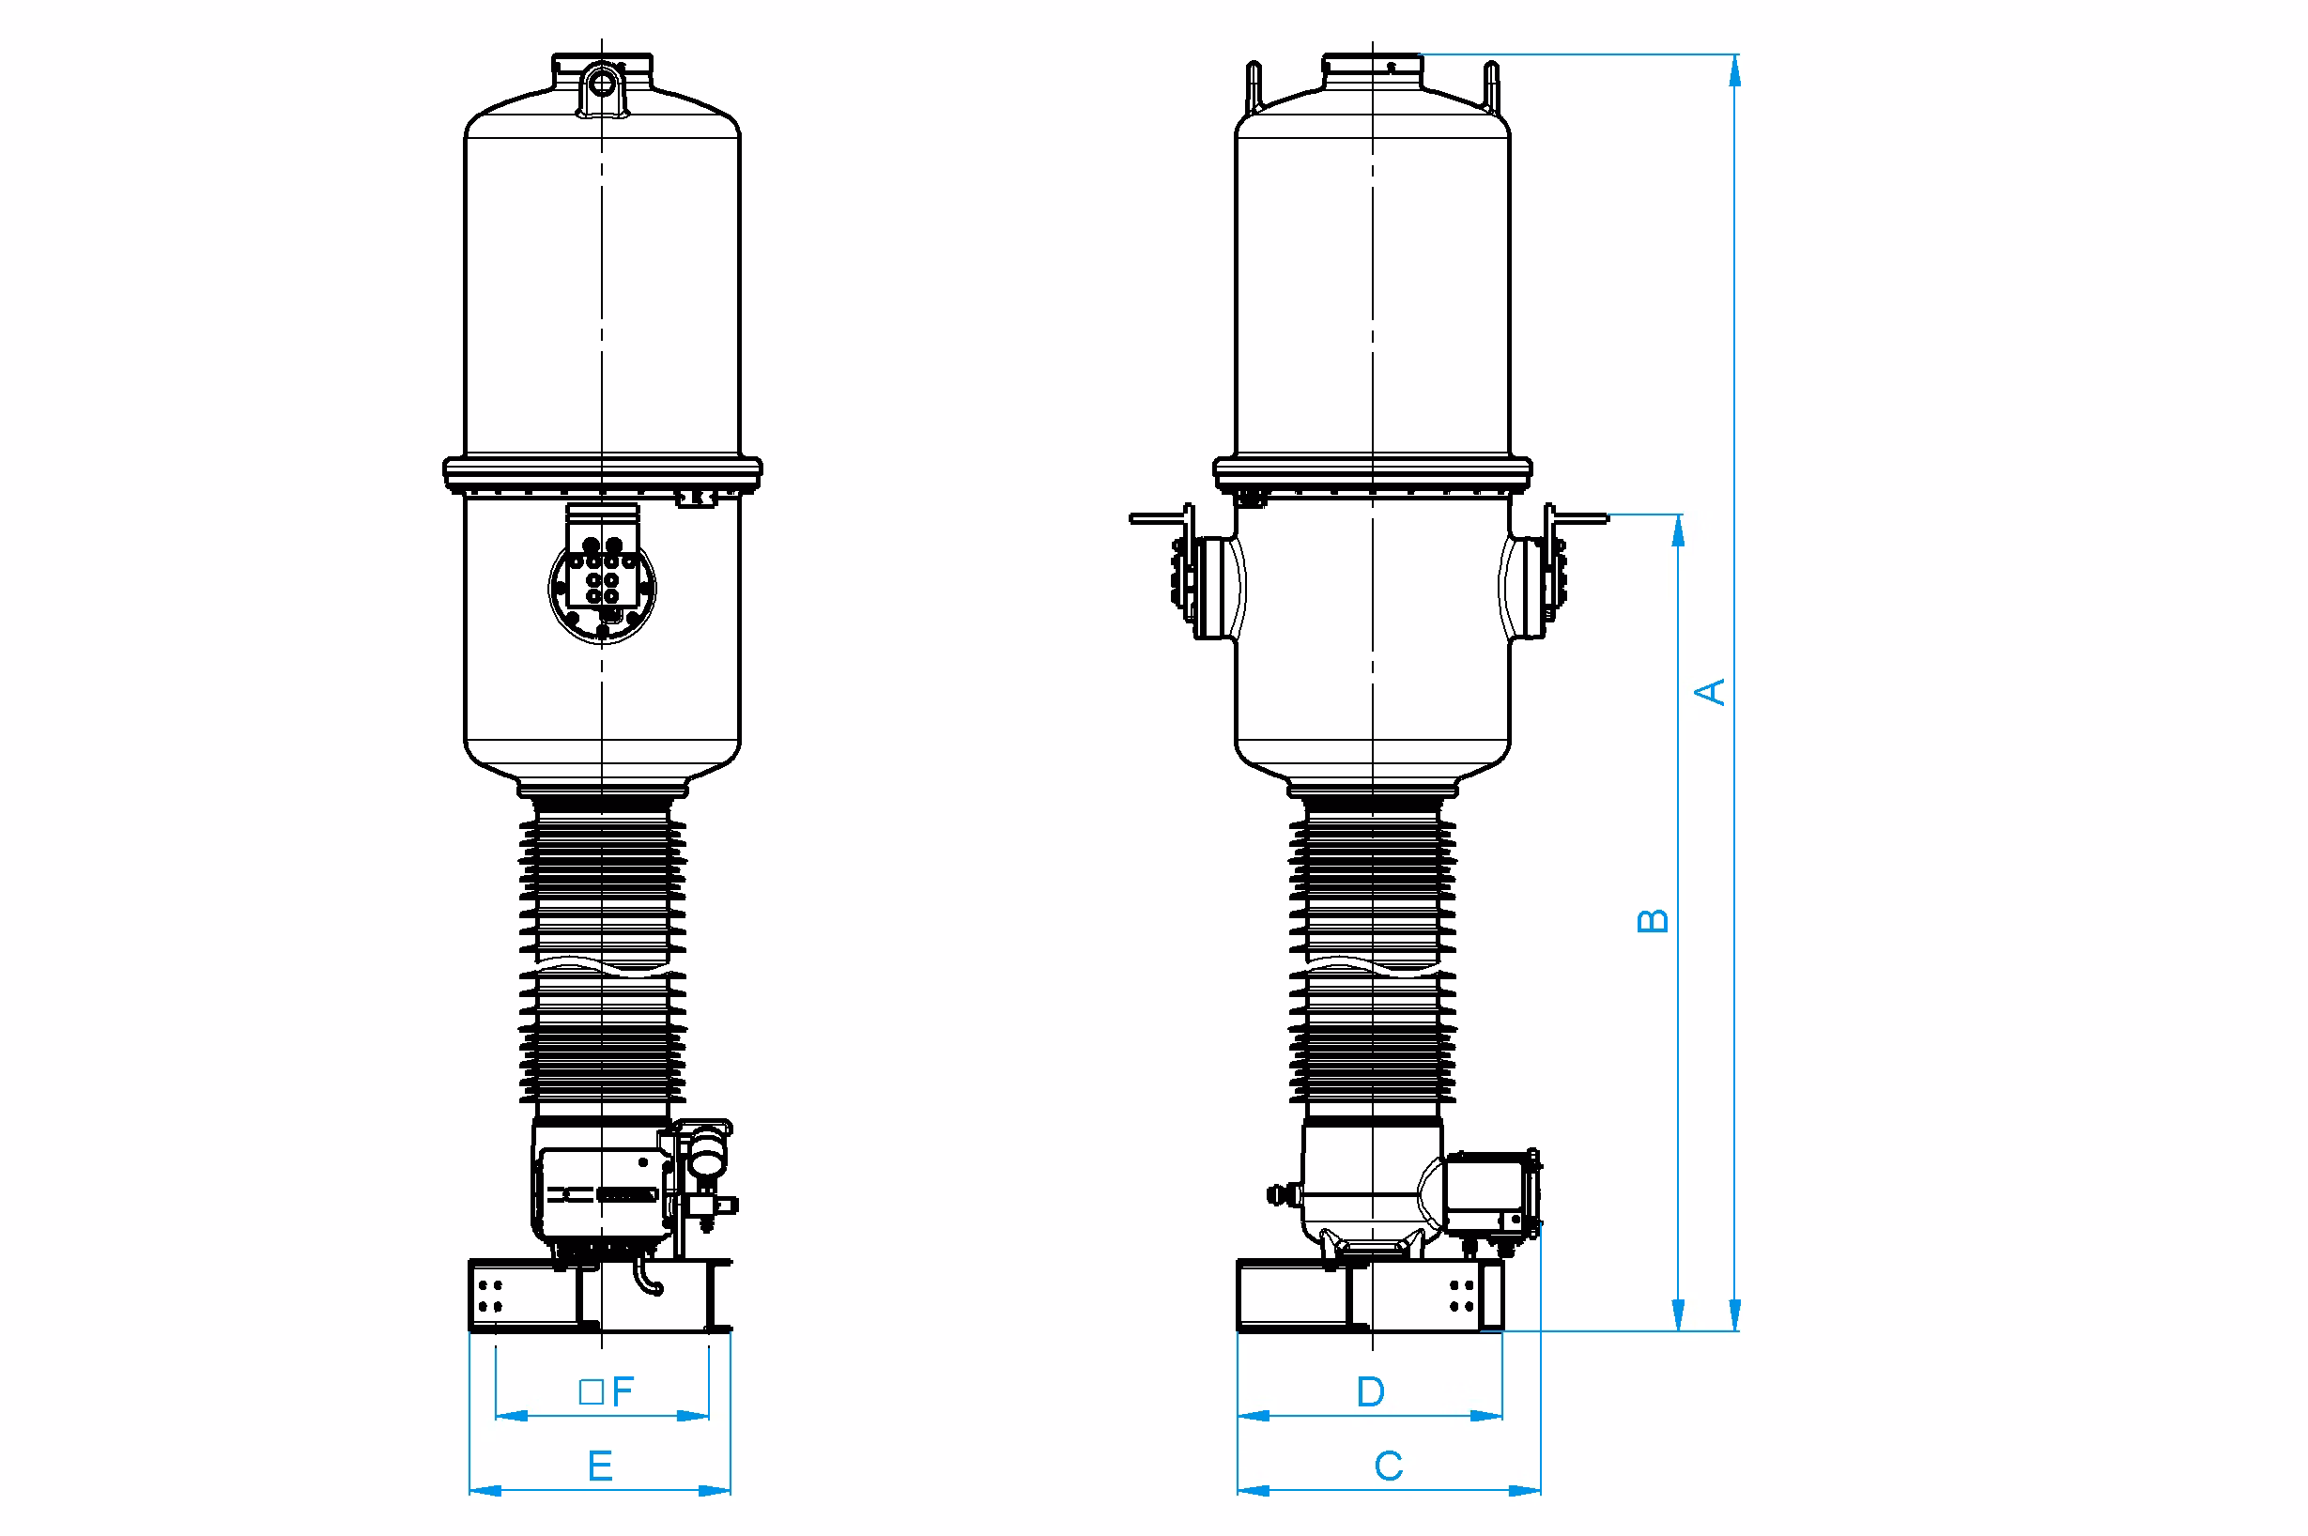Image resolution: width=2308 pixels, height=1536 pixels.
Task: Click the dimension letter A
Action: click(1710, 692)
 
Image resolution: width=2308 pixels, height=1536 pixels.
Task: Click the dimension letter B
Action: click(1653, 921)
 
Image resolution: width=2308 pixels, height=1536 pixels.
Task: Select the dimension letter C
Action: click(1388, 1467)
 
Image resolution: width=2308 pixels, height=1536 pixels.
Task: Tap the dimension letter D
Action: click(1371, 1392)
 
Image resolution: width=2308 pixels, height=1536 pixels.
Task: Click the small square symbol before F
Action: click(591, 1392)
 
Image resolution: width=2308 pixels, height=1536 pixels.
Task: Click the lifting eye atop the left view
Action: click(602, 84)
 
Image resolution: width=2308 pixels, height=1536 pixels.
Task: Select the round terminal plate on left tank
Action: click(602, 588)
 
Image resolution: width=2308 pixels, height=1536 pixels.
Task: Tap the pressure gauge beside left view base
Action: click(704, 1157)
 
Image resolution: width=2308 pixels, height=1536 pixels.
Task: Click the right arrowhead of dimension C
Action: click(1525, 1491)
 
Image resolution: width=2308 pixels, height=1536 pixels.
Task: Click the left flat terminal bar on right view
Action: click(1158, 518)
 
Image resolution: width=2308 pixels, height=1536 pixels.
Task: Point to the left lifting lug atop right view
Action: click(1253, 86)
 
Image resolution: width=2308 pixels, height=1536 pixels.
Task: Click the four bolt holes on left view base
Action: click(491, 1295)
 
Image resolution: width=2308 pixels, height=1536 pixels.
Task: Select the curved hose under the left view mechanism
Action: click(648, 1278)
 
